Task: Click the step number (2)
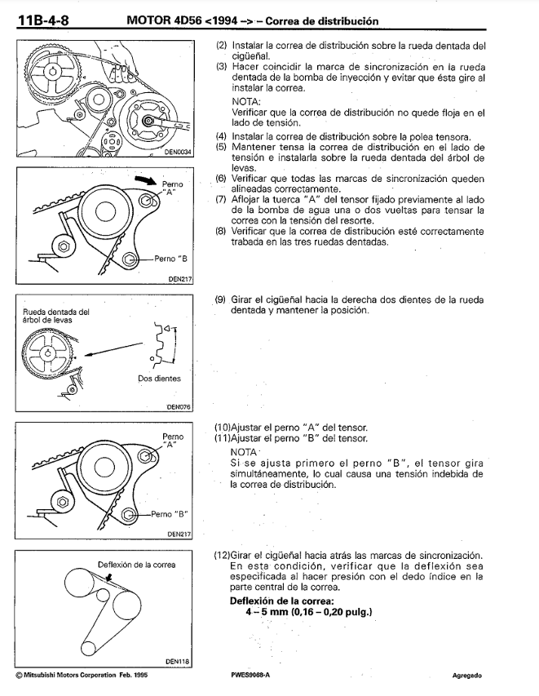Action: [220, 47]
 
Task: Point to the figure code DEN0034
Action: [176, 151]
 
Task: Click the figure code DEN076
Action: [178, 406]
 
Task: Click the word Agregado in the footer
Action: [469, 676]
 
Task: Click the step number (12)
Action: [222, 555]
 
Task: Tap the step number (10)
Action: [222, 428]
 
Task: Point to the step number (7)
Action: [220, 198]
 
